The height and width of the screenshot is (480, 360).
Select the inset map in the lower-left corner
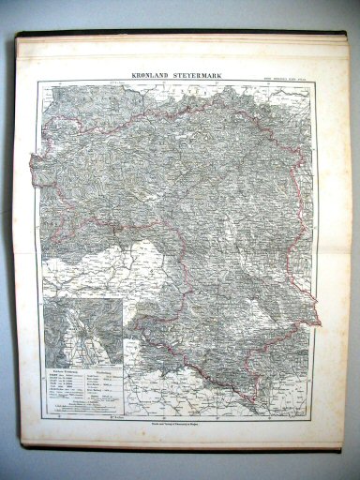82,334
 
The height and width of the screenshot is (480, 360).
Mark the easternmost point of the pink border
321,323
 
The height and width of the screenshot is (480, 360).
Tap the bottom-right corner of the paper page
339,448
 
